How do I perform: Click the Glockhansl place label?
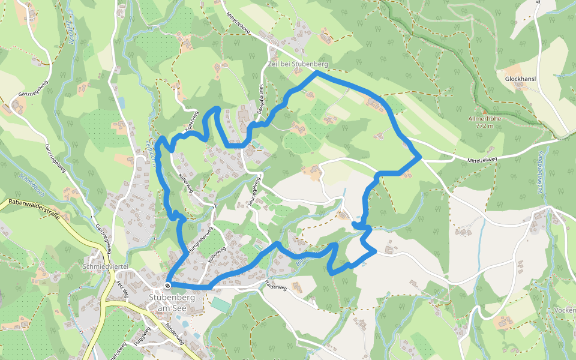tap(520, 79)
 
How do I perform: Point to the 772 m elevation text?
tap(484, 126)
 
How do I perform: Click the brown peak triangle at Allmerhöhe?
tap(484, 112)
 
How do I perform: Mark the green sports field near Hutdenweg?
tap(220, 305)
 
